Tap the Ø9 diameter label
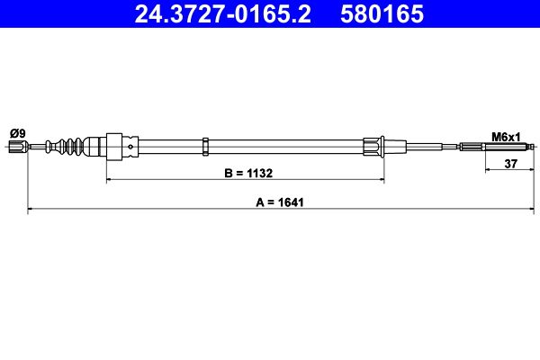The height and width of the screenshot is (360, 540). click(x=17, y=133)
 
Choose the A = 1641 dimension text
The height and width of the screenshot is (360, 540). click(x=280, y=202)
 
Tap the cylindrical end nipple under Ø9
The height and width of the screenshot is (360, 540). click(x=17, y=147)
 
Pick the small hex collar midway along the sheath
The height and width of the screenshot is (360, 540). click(x=206, y=147)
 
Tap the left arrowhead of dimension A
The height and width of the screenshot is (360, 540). click(x=31, y=211)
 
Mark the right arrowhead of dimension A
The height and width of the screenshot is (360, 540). click(x=534, y=211)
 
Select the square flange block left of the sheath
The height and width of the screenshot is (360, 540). click(x=113, y=147)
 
